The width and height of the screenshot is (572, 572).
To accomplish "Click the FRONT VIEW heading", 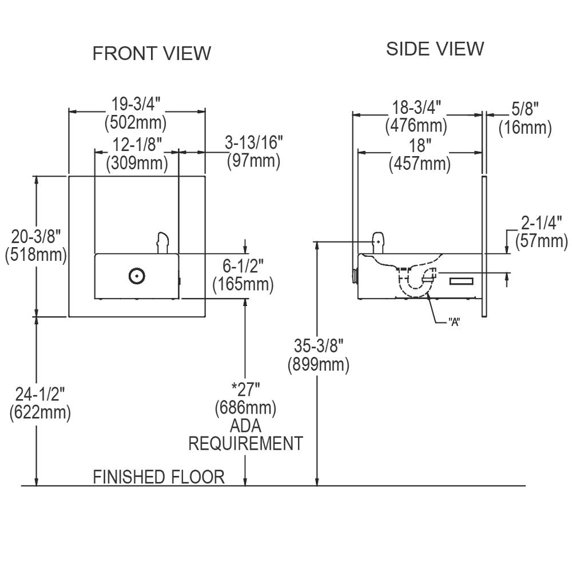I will pyautogui.click(x=152, y=53).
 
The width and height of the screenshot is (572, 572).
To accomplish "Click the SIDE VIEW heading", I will pyautogui.click(x=435, y=49).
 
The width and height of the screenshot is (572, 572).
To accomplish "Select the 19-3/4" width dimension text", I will pyautogui.click(x=136, y=105).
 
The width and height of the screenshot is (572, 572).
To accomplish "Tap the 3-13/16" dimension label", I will pyautogui.click(x=253, y=142).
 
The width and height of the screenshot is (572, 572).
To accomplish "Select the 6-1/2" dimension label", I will pyautogui.click(x=243, y=265).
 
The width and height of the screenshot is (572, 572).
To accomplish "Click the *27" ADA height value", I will pyautogui.click(x=246, y=390).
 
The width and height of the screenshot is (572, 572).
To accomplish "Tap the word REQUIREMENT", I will pyautogui.click(x=245, y=443).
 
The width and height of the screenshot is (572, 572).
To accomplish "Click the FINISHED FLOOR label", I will pyautogui.click(x=159, y=476).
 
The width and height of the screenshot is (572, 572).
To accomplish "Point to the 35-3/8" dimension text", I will pyautogui.click(x=318, y=345).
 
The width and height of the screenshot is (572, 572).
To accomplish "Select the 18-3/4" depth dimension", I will pyautogui.click(x=416, y=106).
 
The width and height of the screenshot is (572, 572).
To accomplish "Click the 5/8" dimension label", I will pyautogui.click(x=525, y=108).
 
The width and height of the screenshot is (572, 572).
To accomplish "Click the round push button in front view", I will pyautogui.click(x=136, y=276).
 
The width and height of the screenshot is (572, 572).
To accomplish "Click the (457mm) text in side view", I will pyautogui.click(x=419, y=164).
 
